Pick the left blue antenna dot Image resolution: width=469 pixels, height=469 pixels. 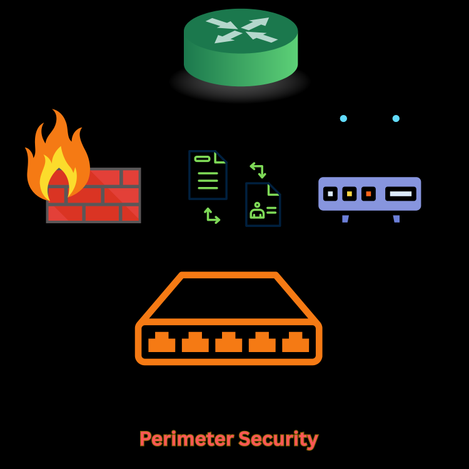343,118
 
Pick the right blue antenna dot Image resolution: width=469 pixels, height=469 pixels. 396,118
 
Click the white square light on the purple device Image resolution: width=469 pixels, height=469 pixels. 330,194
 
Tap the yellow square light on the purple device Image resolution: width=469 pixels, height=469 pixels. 350,194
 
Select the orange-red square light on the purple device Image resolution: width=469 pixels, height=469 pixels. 368,194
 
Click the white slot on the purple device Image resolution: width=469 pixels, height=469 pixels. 401,194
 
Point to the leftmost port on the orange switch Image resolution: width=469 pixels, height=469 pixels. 162,343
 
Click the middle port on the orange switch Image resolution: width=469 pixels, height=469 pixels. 229,343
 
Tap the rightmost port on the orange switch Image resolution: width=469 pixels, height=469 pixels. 296,343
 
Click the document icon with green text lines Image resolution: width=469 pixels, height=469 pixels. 208,174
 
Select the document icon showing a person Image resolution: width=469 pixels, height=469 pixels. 263,204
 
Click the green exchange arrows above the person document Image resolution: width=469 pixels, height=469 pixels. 258,169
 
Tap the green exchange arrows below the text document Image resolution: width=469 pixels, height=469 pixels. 212,216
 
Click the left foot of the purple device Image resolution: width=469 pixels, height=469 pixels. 345,218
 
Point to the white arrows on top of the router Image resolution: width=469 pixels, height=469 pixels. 241,30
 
